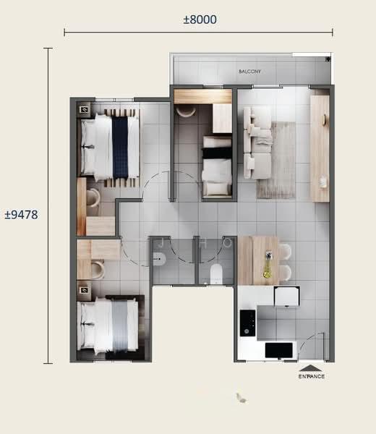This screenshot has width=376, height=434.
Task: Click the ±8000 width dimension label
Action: [200, 20]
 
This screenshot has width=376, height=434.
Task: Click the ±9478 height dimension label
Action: [21, 215]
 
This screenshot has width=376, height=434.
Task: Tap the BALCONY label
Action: [249, 72]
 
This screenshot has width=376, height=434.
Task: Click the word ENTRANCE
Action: [312, 377]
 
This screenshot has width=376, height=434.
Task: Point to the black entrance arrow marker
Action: [312, 368]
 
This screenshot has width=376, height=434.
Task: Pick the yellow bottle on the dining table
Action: [268, 268]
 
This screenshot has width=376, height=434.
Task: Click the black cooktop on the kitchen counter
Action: [247, 323]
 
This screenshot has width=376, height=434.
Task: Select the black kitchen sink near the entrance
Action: [278, 350]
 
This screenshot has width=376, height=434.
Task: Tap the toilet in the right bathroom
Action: [215, 273]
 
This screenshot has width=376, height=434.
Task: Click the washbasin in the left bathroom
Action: [161, 258]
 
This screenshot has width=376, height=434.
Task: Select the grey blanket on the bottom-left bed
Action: [120, 326]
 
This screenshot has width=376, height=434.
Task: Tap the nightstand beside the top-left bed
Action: [84, 109]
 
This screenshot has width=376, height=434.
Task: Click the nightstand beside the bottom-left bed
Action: [84, 293]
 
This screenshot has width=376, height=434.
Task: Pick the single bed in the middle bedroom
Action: [216, 166]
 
